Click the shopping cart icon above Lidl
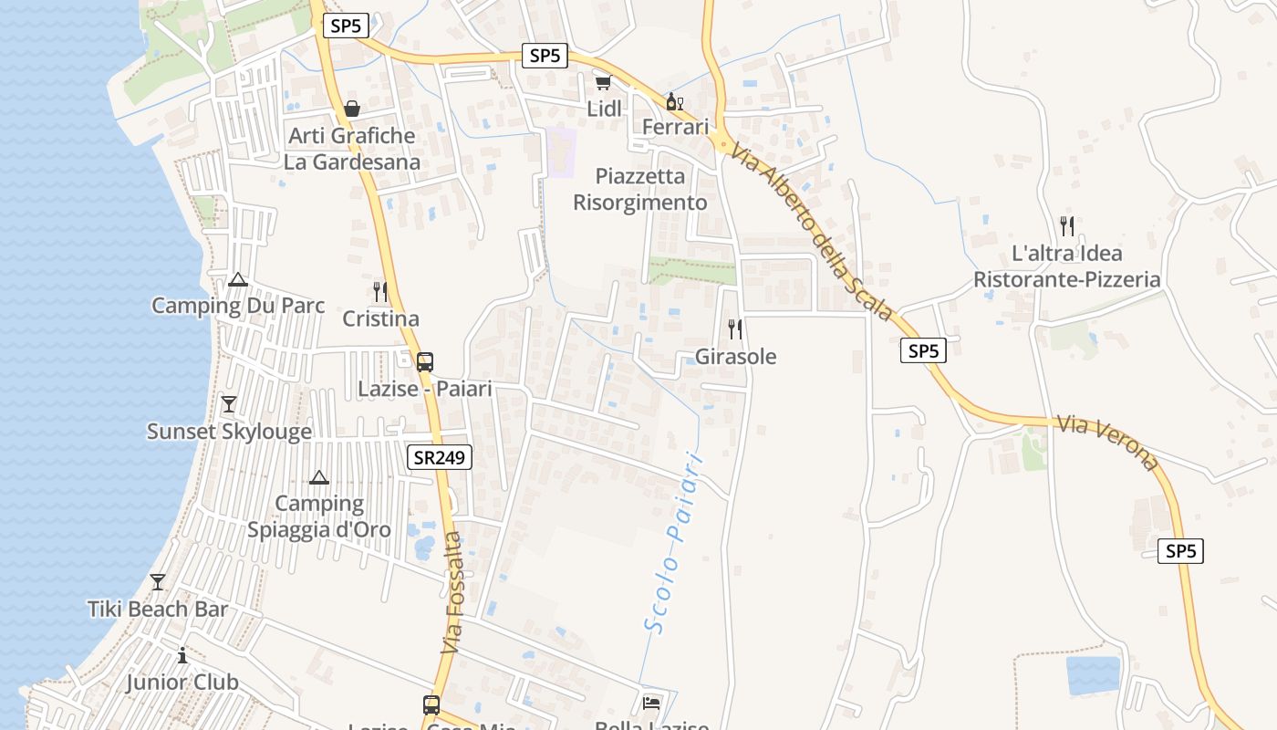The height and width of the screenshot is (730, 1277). tap(602, 83)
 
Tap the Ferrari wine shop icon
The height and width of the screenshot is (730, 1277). tap(675, 100)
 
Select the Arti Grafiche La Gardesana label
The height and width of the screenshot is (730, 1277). tap(352, 149)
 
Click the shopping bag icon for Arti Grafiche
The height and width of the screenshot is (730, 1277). tap(352, 109)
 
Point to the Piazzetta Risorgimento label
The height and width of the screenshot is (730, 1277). tap(640, 189)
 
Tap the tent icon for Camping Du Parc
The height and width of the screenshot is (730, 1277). tap(238, 279)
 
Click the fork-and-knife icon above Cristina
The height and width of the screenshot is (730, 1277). tap(380, 292)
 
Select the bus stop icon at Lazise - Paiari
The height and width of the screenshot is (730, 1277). tap(425, 361)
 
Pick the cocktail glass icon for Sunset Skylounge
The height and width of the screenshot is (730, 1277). tap(229, 404)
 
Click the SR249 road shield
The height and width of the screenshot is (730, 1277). tap(440, 458)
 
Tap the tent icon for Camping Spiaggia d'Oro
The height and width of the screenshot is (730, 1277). tap(319, 477)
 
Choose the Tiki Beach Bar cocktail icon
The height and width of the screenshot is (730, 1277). tap(158, 581)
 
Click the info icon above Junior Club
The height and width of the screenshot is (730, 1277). tap(182, 655)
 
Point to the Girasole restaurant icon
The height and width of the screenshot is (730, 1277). tap(735, 328)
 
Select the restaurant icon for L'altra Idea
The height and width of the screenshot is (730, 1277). tap(1067, 225)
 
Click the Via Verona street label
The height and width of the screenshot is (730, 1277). tap(1107, 443)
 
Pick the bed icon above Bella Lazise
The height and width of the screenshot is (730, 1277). tap(652, 703)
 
